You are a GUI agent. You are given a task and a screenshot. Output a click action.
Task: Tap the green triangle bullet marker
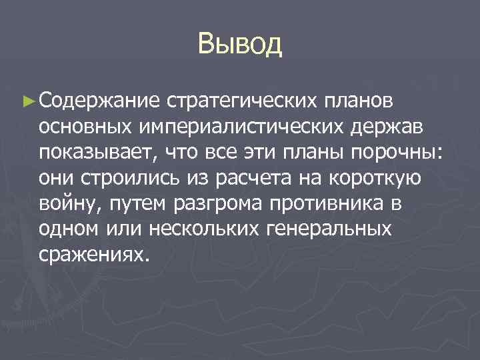click(27, 101)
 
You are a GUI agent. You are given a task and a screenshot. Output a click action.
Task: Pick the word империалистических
click(243, 126)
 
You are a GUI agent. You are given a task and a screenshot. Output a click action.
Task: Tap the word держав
click(392, 126)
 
